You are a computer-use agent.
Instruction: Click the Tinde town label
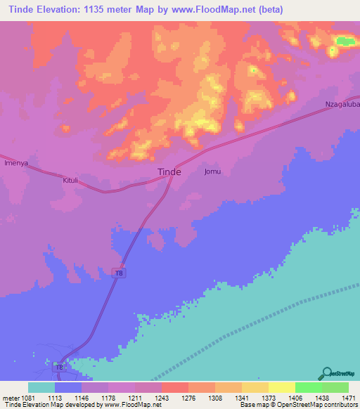(168, 171)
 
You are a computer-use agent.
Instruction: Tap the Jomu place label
(212, 171)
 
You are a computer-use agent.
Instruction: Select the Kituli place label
(71, 180)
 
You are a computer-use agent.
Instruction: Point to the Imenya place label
(15, 163)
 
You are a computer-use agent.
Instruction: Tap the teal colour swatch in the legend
(41, 387)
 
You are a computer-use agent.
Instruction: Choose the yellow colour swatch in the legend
(282, 387)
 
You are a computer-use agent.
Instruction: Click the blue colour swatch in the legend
(68, 387)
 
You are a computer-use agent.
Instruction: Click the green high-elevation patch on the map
(345, 41)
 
